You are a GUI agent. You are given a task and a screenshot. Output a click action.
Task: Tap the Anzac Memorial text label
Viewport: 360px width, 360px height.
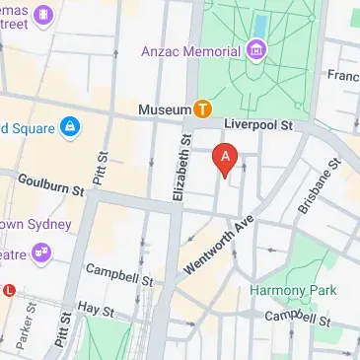(x=192, y=48)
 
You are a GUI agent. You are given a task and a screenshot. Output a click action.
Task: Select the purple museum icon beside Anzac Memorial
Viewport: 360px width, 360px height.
(x=256, y=48)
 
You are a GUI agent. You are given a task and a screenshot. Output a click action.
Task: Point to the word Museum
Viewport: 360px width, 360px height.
(x=165, y=108)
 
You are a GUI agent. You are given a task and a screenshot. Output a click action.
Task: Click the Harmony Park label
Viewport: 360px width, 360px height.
(x=292, y=290)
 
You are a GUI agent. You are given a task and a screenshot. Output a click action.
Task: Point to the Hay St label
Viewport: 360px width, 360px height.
(x=97, y=309)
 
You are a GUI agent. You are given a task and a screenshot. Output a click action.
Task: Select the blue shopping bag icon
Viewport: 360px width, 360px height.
(x=70, y=127)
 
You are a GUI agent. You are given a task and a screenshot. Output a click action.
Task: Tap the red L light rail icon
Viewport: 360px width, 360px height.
(x=9, y=290)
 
